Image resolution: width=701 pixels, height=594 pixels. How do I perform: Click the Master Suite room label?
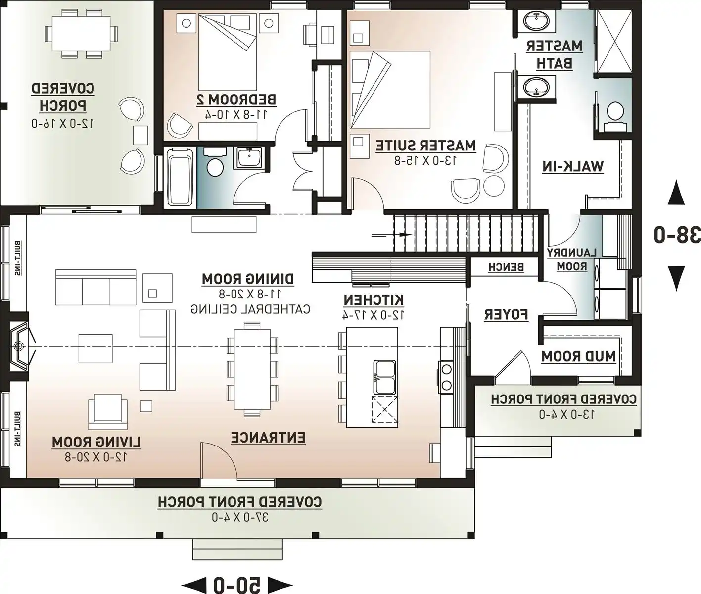coord(425,146)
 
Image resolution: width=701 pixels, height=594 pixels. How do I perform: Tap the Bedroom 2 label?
coord(236,100)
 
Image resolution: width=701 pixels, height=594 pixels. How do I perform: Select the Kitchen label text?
coord(374,300)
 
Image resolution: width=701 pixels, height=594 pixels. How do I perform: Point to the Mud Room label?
coord(578,356)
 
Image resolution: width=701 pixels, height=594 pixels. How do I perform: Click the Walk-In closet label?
coord(573,167)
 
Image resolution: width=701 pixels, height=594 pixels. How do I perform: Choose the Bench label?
coord(506,267)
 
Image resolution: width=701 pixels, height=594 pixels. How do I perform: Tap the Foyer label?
coord(506,315)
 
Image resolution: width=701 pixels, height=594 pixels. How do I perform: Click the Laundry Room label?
coord(572,260)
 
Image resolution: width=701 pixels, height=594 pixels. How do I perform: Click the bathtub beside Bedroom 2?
coord(180,178)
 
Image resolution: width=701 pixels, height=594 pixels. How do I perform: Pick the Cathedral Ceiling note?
coord(250,309)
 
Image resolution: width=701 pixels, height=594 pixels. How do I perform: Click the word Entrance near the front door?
coord(268,438)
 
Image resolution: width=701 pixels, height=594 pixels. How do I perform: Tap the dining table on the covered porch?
coord(81,34)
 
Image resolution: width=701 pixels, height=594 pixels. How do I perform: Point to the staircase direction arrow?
coord(392,235)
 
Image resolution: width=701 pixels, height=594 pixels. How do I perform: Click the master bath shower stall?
coord(614,42)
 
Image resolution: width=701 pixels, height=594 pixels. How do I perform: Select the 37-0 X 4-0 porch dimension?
coord(240,517)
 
